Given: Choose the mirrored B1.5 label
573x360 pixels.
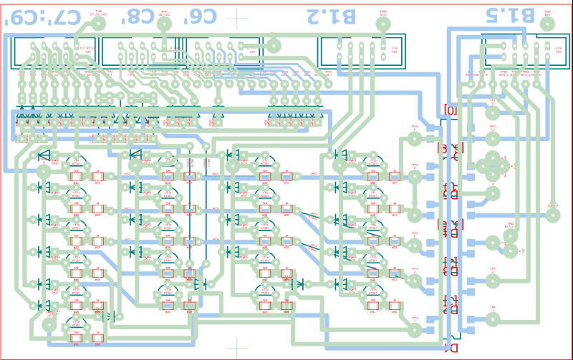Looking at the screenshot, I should (509, 15).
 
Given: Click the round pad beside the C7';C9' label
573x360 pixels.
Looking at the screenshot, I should (98, 24).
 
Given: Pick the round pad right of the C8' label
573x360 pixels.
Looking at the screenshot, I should (164, 24).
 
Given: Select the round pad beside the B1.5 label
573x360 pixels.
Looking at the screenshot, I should (547, 24).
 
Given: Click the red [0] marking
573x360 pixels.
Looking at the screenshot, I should (451, 110).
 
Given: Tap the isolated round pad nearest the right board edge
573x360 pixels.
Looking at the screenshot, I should (553, 214).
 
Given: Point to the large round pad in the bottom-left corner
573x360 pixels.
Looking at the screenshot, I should (49, 324).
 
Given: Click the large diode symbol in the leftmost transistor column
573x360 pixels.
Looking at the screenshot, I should (44, 155).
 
